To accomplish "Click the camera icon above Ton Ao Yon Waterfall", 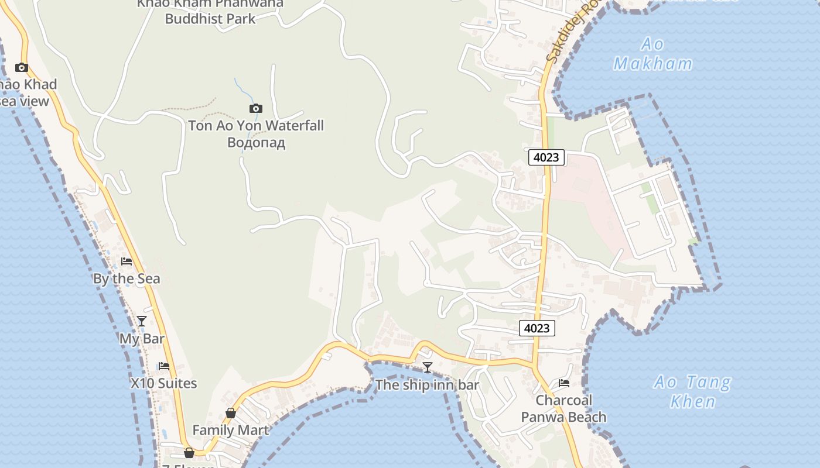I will point(255,108).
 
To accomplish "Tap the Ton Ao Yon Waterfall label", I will point(255,125).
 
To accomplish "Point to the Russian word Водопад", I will point(256,142).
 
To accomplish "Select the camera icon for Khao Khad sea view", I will point(22,67).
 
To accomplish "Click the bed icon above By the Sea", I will point(127,261).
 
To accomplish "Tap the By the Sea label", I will point(127,278).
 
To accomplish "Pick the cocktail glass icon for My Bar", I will point(142,321).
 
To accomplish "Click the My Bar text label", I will point(142,339).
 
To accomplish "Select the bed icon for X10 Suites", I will point(164,366).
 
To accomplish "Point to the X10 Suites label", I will point(163,383).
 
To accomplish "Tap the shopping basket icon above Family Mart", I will point(231,413).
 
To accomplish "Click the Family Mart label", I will point(231,430).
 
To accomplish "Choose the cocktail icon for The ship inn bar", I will point(428,367).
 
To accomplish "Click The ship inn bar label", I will point(427,385).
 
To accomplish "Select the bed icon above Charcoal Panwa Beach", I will point(564,383).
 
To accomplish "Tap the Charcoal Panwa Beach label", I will point(564,408).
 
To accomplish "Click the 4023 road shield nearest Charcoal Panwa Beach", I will point(537,328).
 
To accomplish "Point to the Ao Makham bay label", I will point(652,54).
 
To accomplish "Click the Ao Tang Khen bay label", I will point(693,391).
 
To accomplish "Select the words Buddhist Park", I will point(210,19).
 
